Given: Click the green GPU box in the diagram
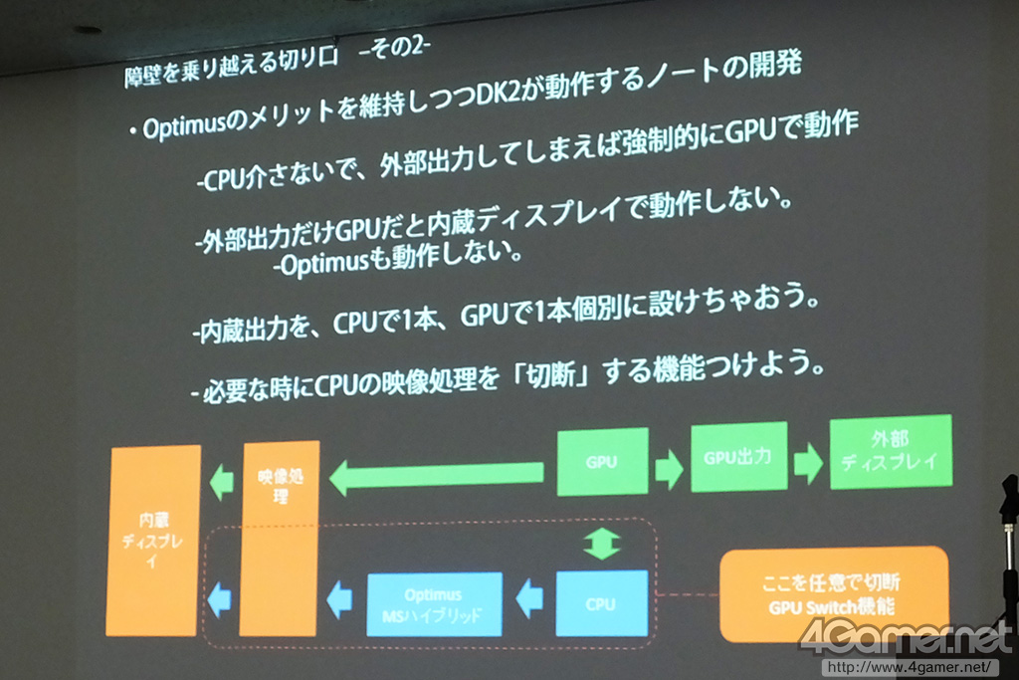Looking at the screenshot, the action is pos(602,462).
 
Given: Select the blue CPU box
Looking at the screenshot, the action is pos(602,603).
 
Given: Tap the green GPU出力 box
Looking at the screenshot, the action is pos(739,457).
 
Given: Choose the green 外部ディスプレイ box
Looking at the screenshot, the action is pos(891,451).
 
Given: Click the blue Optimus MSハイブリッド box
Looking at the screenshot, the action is pos(434,604).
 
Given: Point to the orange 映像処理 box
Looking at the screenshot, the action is pos(280,539).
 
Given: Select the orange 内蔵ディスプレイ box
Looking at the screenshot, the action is pos(153,541).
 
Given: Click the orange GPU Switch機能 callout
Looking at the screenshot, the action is pos(834,594).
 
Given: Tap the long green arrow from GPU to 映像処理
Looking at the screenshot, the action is pos(437,477).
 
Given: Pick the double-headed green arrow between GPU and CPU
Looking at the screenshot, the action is pos(602,544).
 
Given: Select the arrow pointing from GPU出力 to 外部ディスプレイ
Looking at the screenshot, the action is pos(809,464).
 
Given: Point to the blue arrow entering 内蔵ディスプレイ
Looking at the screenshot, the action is pos(219,598).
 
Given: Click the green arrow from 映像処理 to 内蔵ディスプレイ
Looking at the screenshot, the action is pos(222,482).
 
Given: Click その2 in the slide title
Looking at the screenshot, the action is pos(394,49).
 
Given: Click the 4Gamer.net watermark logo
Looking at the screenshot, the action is pos(906,637).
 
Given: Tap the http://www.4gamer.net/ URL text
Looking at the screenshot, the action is pos(910,668).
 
